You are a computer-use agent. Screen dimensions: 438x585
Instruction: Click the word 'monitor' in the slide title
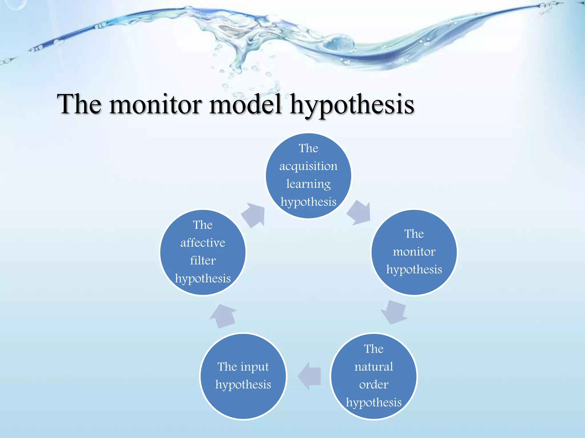click(x=155, y=105)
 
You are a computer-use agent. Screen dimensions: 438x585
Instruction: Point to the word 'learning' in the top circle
click(x=308, y=184)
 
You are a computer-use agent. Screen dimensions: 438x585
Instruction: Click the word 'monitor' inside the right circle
click(x=414, y=252)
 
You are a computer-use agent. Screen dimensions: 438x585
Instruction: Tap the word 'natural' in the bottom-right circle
click(x=374, y=367)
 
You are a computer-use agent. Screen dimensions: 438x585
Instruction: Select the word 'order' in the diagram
click(x=374, y=385)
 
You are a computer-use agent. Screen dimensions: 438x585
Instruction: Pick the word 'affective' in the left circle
click(x=203, y=243)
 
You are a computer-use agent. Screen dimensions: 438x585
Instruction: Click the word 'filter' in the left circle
click(x=203, y=261)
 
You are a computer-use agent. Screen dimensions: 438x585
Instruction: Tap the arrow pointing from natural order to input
click(x=310, y=376)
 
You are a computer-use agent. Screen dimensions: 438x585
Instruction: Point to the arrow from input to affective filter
click(x=223, y=316)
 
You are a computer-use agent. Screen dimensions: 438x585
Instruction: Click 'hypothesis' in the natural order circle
click(x=374, y=403)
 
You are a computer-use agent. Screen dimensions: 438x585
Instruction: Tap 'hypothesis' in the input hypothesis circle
click(x=243, y=385)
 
